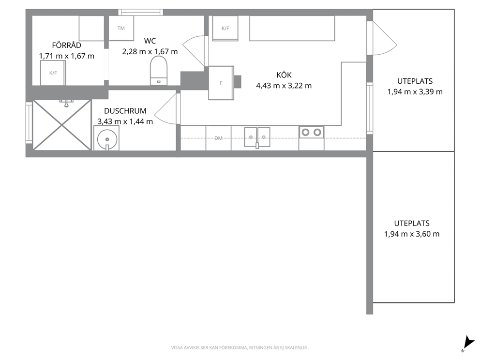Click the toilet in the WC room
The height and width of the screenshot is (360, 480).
click(159, 71)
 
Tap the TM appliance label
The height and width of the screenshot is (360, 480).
click(121, 28)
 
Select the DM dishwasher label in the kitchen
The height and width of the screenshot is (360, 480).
click(218, 138)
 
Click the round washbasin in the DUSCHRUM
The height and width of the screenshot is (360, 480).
click(107, 139)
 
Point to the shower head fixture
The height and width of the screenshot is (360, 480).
click(66, 103)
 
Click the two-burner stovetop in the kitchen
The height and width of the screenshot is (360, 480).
click(311, 132)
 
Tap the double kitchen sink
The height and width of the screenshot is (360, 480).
click(257, 137)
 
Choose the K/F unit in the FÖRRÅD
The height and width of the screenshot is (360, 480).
click(53, 73)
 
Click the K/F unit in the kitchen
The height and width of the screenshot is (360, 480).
click(225, 28)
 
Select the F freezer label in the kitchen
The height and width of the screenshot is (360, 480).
click(221, 83)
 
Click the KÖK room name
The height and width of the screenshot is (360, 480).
click(284, 75)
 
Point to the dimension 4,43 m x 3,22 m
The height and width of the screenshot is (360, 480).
click(284, 86)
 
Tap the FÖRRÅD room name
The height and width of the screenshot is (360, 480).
click(66, 45)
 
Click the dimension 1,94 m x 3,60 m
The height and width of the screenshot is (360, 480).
click(412, 234)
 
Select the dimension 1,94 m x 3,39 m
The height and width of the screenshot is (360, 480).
click(415, 91)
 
